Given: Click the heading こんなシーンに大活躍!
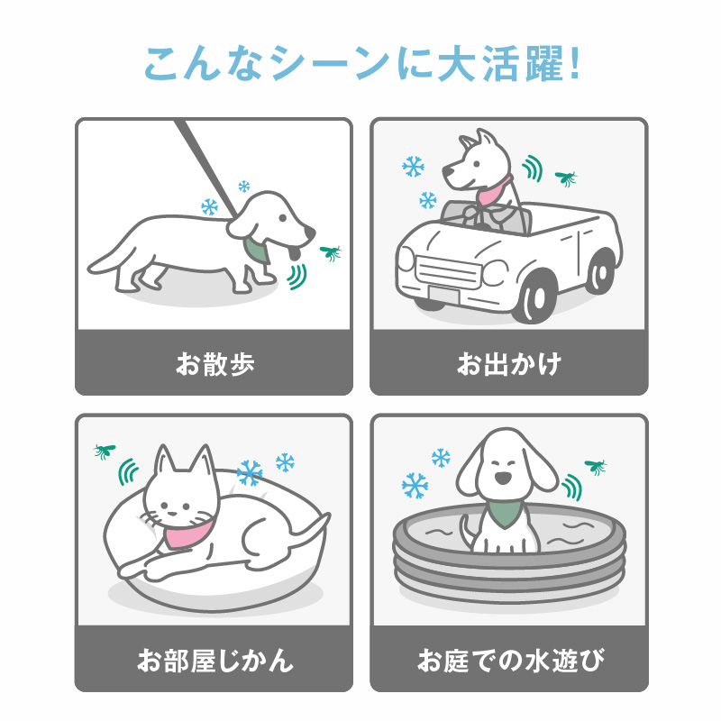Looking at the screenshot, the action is click(x=362, y=63).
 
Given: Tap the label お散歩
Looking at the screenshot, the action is click(x=214, y=364).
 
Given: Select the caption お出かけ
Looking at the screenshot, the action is click(x=509, y=364).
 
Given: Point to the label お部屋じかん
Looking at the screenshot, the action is click(x=214, y=660).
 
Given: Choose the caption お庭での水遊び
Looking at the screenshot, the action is click(x=509, y=660).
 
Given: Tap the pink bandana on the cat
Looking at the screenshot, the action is click(x=187, y=533).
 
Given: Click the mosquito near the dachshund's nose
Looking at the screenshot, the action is click(x=331, y=252).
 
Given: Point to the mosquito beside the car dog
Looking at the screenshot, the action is click(x=566, y=178).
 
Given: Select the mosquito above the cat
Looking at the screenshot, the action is click(x=105, y=451).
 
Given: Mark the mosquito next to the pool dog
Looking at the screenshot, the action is click(x=596, y=466).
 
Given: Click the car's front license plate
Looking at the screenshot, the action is click(x=444, y=295).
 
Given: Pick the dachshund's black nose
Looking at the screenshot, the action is click(x=310, y=233).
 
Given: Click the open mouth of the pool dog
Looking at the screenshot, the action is click(x=502, y=479).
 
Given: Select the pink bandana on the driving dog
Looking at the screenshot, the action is click(x=493, y=191).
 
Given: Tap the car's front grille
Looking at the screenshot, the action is click(x=449, y=271).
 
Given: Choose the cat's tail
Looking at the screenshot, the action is click(x=307, y=530).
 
